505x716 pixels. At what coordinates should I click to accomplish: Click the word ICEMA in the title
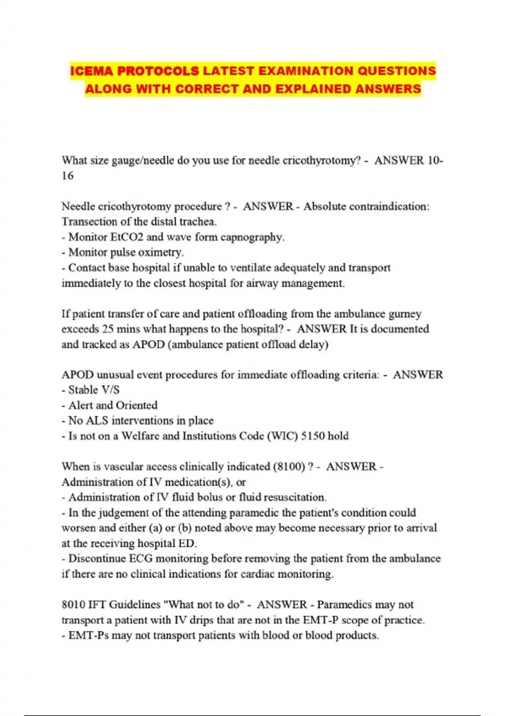(91, 71)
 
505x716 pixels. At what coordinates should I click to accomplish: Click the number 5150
(313, 436)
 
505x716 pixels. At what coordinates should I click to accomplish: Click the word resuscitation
(295, 497)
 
